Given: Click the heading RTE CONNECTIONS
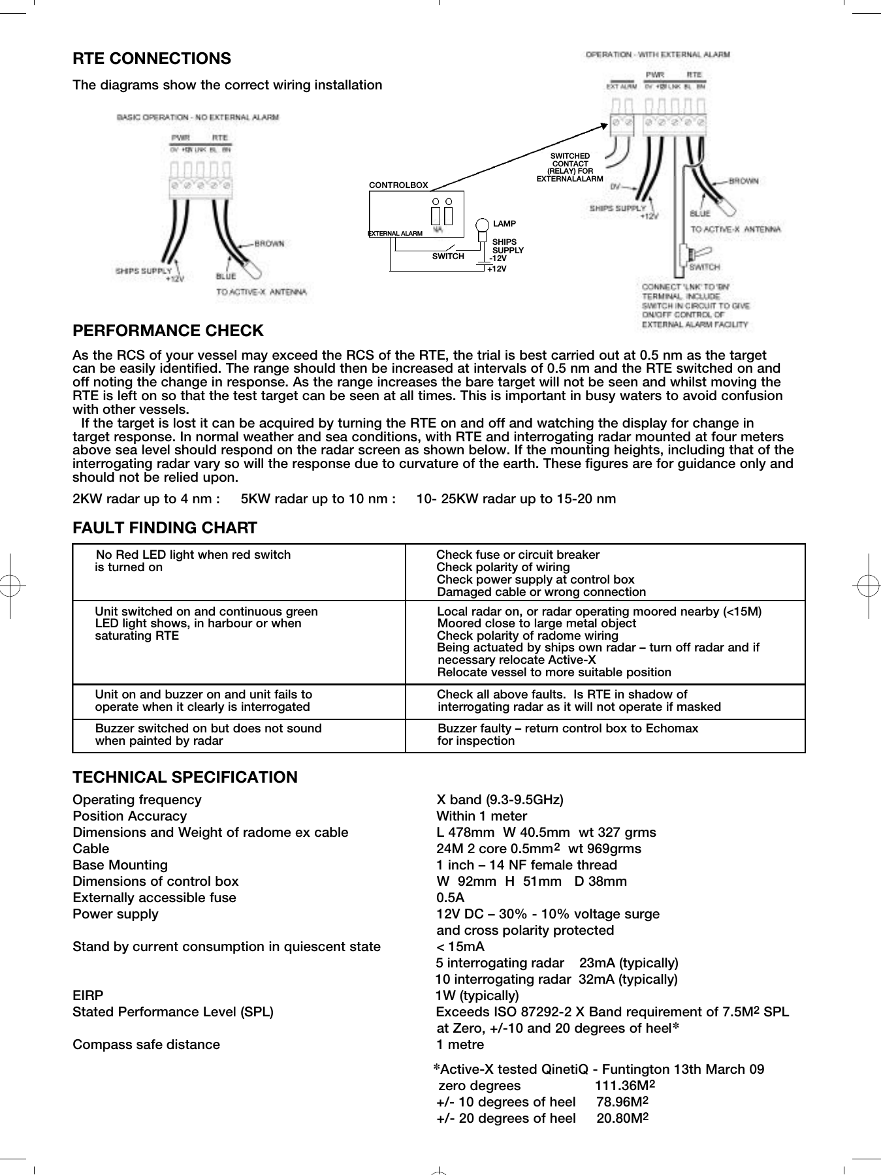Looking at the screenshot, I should (x=152, y=59).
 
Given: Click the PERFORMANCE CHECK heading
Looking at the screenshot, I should (x=168, y=331).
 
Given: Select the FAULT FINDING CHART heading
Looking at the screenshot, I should (x=165, y=528).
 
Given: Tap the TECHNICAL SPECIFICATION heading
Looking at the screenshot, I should (x=185, y=777).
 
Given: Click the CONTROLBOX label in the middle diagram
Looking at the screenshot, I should (x=398, y=185).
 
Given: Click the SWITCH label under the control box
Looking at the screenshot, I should (x=447, y=257).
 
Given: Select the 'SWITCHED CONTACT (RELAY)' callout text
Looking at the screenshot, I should (x=569, y=167).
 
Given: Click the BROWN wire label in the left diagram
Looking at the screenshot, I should (x=269, y=243).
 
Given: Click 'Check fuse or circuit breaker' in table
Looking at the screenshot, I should (x=517, y=555).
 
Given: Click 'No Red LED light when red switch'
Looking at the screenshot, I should (x=193, y=555).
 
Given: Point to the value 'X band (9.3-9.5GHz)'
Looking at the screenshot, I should (x=500, y=800).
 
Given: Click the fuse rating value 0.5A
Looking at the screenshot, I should (x=450, y=898).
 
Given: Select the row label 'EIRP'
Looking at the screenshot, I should (x=88, y=995).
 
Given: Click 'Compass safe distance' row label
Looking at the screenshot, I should (x=146, y=1044).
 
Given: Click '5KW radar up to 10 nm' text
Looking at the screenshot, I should (x=317, y=499).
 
